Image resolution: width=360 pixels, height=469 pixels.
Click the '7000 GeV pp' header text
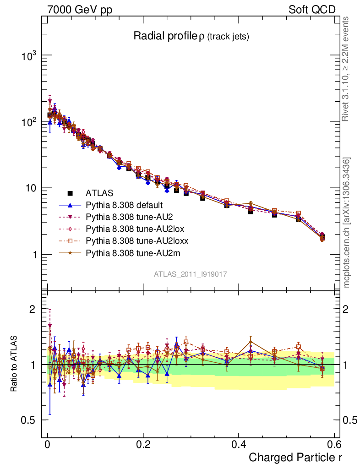coord(79,10)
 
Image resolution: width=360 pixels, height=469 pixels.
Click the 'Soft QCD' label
coord(312,10)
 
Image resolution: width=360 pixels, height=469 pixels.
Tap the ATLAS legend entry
coord(99,193)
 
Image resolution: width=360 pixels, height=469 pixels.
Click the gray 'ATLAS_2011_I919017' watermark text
coord(191,274)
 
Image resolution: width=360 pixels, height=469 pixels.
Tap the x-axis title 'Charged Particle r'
coord(295,457)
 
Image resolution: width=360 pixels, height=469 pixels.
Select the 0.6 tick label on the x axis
coord(333,445)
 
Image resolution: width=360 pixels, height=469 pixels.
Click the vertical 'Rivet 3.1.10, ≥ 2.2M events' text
coord(346,69)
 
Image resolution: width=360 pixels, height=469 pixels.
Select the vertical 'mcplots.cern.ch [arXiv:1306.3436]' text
coord(347,223)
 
